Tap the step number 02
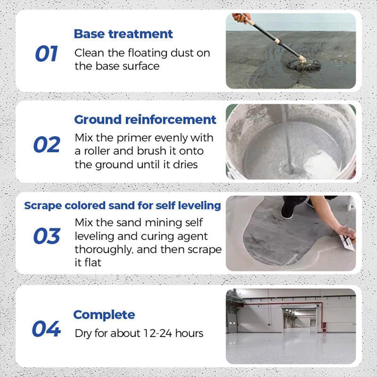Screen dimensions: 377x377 pos(47,144)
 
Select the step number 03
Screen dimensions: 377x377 pos(47,236)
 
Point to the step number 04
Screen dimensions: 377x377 pos(46,328)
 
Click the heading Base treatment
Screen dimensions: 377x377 pos(123,34)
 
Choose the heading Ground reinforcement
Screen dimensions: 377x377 pos(145,119)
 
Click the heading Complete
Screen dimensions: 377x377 pos(104,314)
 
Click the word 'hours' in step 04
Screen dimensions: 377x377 pos(189,333)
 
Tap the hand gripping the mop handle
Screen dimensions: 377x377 pos(242,17)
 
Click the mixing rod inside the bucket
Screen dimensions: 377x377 pos(287,137)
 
